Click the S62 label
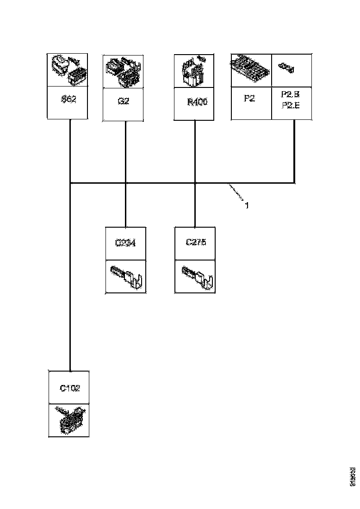(x=68, y=99)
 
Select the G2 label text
(x=123, y=100)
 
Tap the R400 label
(x=197, y=101)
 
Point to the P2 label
(x=249, y=99)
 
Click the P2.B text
(x=290, y=94)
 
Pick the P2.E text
(x=290, y=105)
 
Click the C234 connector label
(x=125, y=242)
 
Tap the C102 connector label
(x=69, y=388)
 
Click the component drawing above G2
(x=123, y=72)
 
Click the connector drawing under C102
(x=69, y=420)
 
